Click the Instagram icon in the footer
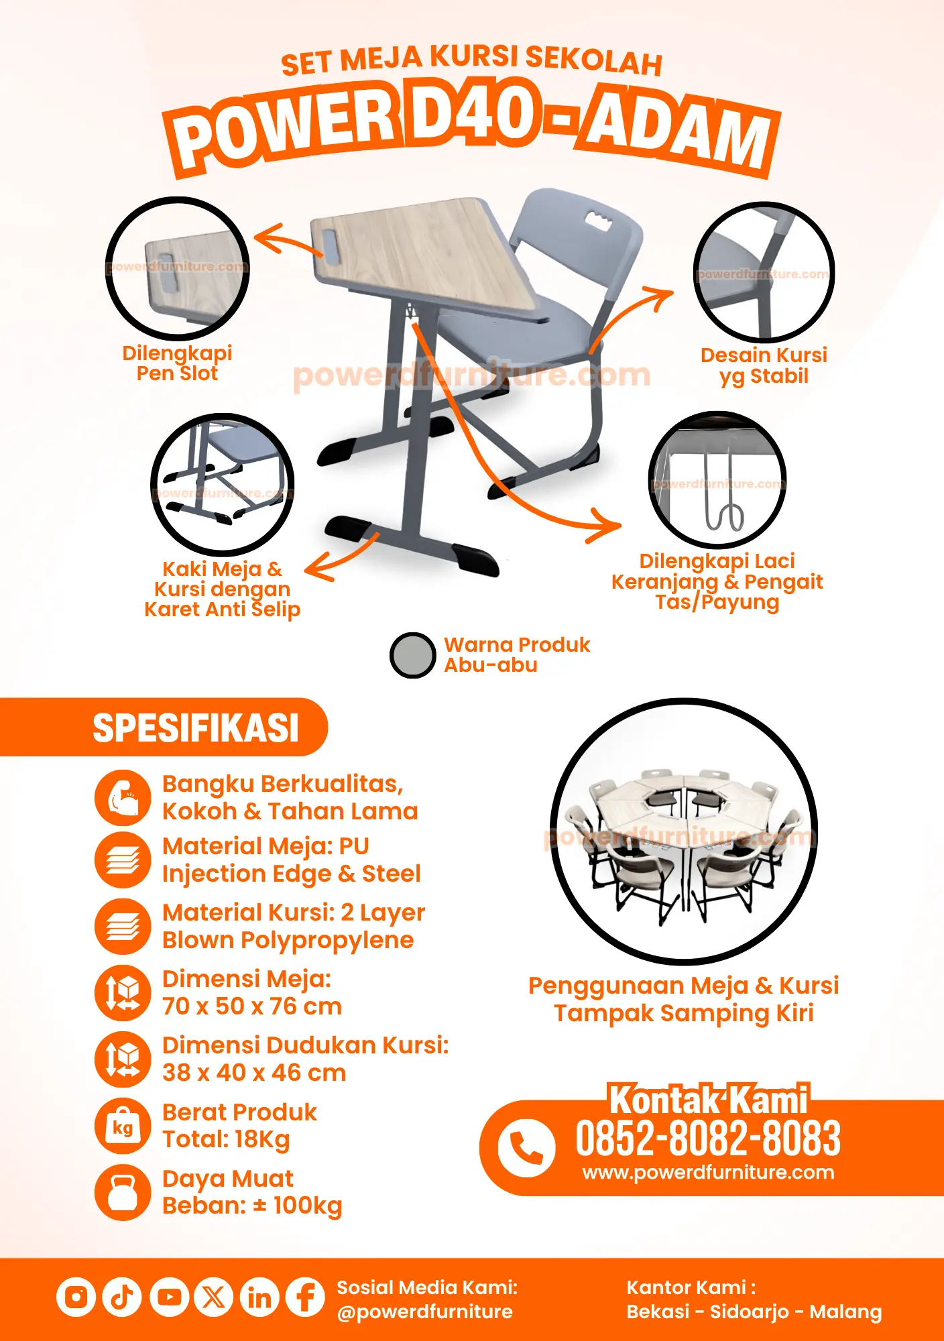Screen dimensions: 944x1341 [x=76, y=1297]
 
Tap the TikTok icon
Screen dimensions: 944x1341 [x=122, y=1297]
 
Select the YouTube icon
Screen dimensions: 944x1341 [x=168, y=1297]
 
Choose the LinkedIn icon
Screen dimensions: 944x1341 [x=259, y=1297]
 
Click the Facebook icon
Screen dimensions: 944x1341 [x=305, y=1297]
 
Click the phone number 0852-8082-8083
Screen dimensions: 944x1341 [x=708, y=1139]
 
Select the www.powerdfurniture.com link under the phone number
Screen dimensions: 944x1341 [x=709, y=1172]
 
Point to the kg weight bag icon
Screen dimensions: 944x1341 [x=123, y=1126]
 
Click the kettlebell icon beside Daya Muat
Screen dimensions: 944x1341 [x=123, y=1192]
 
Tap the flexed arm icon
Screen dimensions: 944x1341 [x=123, y=797]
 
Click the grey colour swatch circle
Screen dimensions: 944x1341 [x=413, y=655]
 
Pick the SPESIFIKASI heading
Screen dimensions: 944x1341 [x=196, y=728]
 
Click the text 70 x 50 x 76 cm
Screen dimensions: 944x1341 [x=252, y=1006]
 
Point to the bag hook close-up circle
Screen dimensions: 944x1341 [x=717, y=481]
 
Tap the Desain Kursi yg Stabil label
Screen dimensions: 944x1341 [x=764, y=365]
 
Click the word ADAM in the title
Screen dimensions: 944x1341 [x=679, y=131]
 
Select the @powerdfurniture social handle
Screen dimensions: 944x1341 [x=425, y=1311]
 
